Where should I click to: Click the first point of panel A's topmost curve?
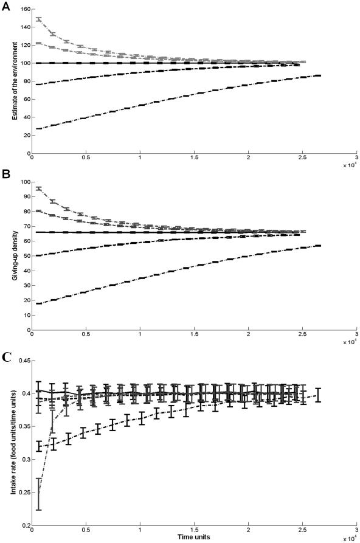(x=39, y=19)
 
